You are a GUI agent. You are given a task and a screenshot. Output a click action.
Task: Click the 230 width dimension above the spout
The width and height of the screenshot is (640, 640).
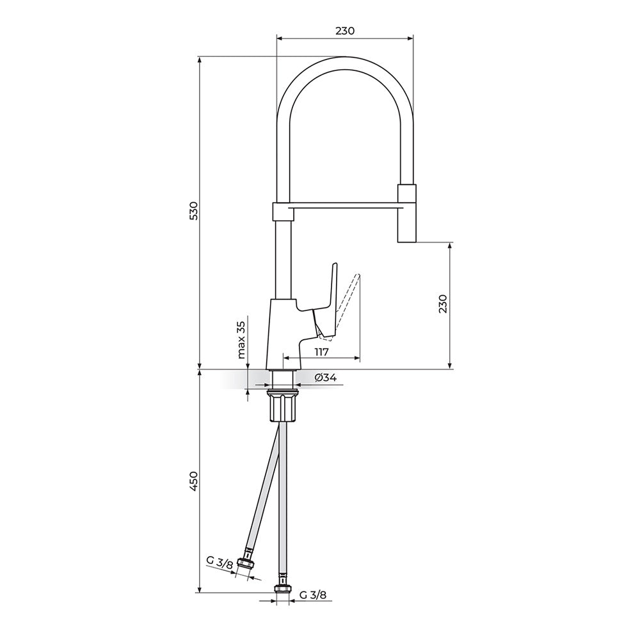(x=345, y=31)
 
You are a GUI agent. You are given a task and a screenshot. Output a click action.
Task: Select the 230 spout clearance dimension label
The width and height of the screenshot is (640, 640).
(x=444, y=303)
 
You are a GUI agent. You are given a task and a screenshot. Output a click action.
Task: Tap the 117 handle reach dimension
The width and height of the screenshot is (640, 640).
(x=322, y=352)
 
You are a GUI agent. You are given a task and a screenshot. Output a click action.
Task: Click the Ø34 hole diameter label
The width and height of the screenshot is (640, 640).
(x=326, y=378)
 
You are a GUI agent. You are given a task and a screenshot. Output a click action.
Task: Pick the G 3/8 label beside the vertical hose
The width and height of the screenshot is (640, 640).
(x=313, y=595)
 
